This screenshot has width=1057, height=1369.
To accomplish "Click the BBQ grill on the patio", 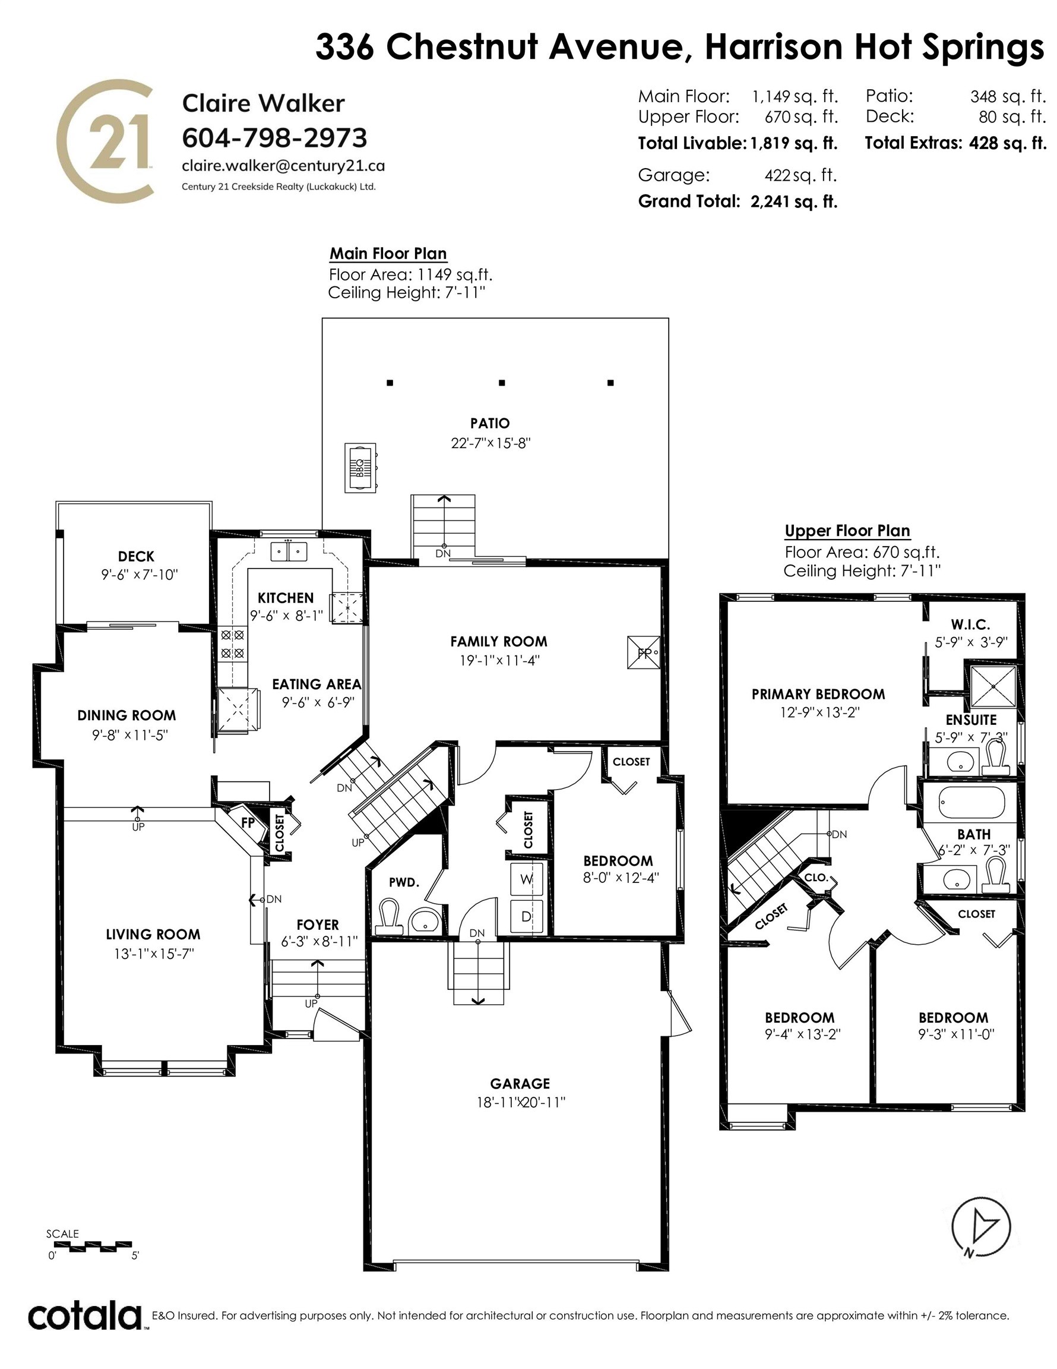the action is [x=360, y=468].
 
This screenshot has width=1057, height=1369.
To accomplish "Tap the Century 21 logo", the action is [x=105, y=140].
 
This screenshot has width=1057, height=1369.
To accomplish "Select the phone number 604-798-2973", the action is [x=274, y=137].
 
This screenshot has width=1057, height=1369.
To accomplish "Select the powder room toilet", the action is [x=389, y=917].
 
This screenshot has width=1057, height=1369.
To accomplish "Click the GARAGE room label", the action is [x=520, y=1083].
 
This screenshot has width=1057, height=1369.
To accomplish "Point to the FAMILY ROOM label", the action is [x=499, y=641].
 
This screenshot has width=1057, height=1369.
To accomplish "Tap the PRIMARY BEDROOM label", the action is [x=818, y=694].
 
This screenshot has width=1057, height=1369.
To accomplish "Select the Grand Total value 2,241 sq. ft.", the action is [x=794, y=202].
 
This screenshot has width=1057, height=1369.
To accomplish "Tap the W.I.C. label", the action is [x=970, y=624].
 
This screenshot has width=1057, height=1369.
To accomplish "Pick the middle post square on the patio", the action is [x=501, y=383].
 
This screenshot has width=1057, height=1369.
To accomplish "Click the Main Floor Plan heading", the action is [x=388, y=254].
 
